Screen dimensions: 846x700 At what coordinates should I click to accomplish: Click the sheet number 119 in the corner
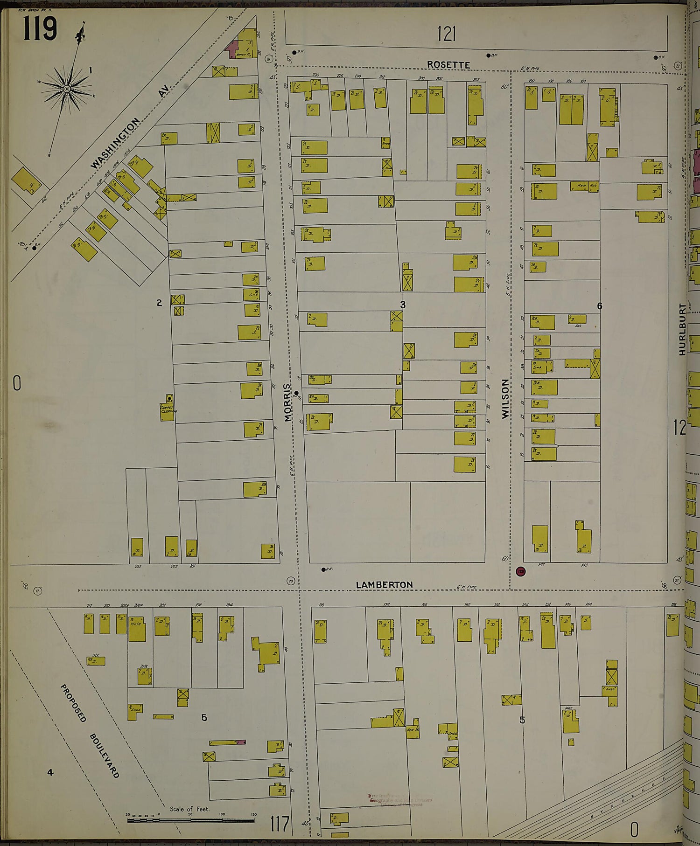(x=39, y=29)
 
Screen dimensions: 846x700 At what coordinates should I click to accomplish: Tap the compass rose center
(x=67, y=89)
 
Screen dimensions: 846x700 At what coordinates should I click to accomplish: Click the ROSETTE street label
(x=448, y=65)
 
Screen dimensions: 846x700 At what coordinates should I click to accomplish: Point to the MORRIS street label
(x=288, y=402)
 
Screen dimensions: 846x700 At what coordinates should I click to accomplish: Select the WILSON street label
(x=505, y=399)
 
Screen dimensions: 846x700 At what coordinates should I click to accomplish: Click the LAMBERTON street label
(x=384, y=585)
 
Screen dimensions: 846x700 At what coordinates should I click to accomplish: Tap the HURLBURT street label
(x=682, y=329)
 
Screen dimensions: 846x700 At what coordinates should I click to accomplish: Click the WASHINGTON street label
(x=115, y=143)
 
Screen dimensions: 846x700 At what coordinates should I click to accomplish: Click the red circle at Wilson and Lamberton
(x=521, y=571)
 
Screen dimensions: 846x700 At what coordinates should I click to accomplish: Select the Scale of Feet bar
(x=190, y=820)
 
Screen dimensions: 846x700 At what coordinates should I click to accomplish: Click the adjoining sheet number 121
(x=446, y=34)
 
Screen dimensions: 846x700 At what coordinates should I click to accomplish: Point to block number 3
(x=403, y=305)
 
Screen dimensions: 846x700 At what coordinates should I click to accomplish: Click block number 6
(x=600, y=306)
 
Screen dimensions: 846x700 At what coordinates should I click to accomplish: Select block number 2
(x=159, y=303)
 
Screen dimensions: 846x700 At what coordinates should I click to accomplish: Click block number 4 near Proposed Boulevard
(x=50, y=772)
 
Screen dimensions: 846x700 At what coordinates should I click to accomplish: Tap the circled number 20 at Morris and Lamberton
(x=291, y=581)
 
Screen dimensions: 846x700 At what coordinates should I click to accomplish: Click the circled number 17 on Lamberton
(x=38, y=591)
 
